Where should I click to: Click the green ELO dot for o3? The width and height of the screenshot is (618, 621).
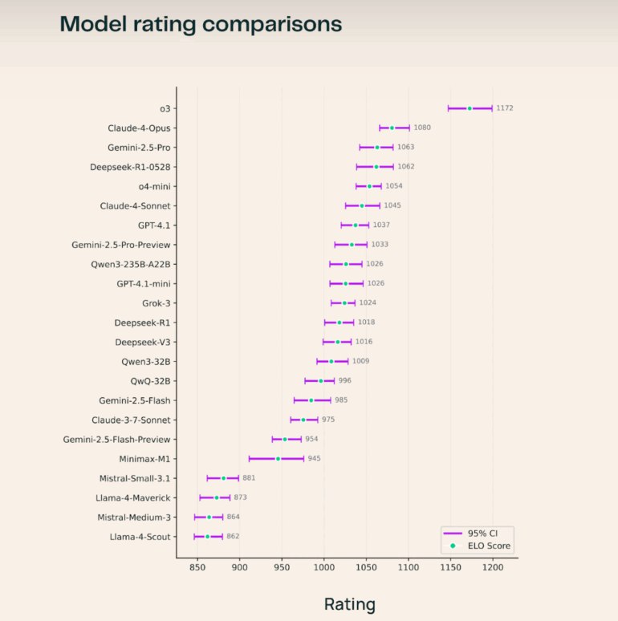point(470,108)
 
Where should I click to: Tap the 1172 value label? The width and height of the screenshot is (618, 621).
point(505,108)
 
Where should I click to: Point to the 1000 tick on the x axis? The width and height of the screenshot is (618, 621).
point(324,568)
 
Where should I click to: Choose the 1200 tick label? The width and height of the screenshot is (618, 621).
point(492,568)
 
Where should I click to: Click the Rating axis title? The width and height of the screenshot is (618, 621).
point(349,604)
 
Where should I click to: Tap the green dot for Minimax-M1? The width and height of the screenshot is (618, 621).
point(279,459)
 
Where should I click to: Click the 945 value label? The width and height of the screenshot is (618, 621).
point(314,459)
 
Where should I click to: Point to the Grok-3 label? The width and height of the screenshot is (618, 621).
point(156,303)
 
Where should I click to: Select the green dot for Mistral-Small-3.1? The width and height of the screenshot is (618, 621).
point(224,478)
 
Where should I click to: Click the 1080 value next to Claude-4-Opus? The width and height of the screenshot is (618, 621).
point(422,128)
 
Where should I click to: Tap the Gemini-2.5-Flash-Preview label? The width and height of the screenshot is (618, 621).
point(116,440)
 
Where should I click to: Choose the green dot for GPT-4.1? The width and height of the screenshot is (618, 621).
point(356,225)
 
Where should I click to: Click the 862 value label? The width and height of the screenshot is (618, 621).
point(233,537)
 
